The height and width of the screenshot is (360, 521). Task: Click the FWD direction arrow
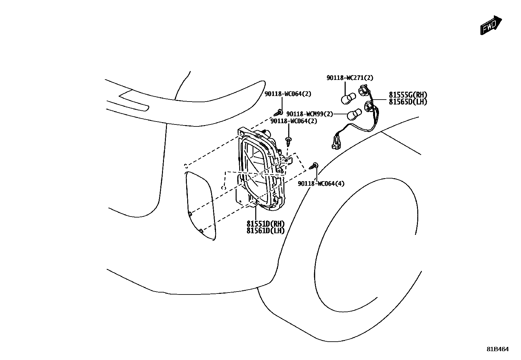[491, 25]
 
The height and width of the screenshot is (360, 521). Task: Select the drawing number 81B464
[497, 349]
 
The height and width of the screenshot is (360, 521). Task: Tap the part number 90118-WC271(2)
[350, 78]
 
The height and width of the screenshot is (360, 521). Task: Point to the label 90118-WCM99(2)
[309, 114]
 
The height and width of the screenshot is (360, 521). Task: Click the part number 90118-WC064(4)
[321, 184]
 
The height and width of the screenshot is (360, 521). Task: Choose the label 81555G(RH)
[408, 95]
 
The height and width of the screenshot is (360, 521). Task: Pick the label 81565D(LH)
[408, 102]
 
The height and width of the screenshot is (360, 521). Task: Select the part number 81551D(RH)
[265, 224]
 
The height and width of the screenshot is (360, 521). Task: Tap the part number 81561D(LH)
[265, 231]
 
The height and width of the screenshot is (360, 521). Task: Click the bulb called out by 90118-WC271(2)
[348, 98]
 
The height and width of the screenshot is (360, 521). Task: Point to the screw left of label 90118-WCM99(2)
[278, 113]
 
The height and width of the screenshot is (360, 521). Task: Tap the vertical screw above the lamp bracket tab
[289, 142]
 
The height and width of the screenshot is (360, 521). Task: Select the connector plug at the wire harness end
[336, 141]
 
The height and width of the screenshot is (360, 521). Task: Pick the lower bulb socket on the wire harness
[368, 105]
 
